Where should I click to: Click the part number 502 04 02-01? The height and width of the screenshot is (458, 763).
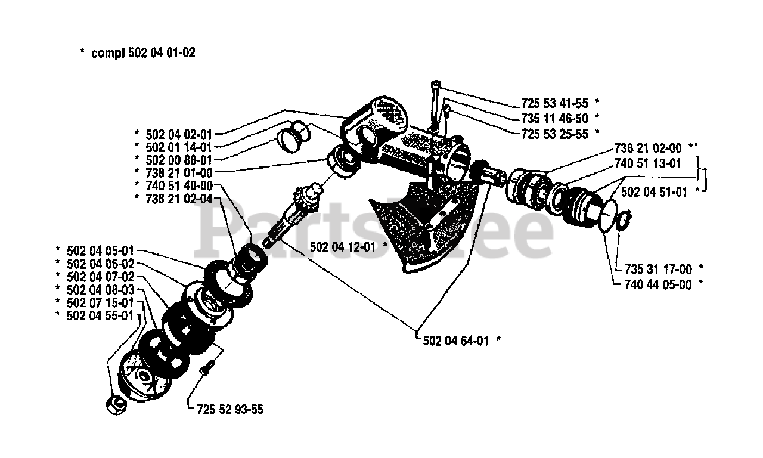(x=178, y=135)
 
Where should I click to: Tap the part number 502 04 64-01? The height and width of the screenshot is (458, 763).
(x=456, y=341)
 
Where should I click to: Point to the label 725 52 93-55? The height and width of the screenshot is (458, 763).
(x=229, y=410)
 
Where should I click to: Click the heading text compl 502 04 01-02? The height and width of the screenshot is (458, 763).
(x=143, y=53)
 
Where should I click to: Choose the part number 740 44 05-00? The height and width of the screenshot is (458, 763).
(x=658, y=285)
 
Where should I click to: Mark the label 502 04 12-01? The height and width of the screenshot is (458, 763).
(x=343, y=246)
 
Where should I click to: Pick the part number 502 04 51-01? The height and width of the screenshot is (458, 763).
(x=653, y=192)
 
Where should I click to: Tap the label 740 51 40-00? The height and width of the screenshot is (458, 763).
(x=178, y=185)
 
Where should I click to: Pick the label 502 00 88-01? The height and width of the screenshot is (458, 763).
(x=178, y=160)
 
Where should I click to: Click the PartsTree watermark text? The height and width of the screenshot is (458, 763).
(x=376, y=230)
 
